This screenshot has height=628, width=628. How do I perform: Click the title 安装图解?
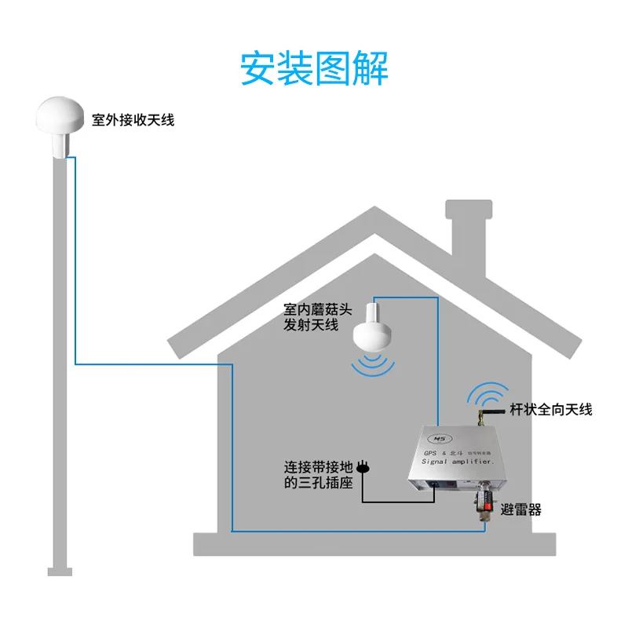click(x=314, y=68)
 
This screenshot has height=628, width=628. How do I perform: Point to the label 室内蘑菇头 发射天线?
click(x=312, y=316)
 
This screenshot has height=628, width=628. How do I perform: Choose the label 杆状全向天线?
click(x=551, y=409)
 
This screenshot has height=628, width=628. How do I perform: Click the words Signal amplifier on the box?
click(x=458, y=465)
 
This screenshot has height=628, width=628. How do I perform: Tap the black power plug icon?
click(x=362, y=468)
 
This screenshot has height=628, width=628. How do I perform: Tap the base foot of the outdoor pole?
click(x=60, y=571)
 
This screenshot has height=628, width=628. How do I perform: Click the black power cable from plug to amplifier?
click(x=392, y=501)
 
